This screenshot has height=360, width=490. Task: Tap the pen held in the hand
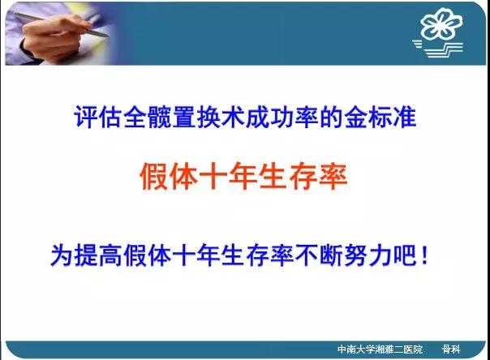point(62,25)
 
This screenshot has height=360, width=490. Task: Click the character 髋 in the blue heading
point(160,118)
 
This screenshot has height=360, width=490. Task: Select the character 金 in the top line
point(355,118)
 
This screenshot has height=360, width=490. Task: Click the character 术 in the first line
point(233,118)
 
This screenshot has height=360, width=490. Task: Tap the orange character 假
point(153,176)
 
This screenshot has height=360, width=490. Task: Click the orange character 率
point(333,176)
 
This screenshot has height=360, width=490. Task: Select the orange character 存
point(303,176)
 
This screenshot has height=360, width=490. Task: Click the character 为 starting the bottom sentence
point(62,255)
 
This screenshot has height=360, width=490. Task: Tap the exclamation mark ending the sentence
point(424,255)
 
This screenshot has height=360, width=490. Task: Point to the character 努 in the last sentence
point(356,255)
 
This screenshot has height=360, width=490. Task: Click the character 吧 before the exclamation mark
point(405,255)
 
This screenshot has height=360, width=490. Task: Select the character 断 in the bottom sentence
point(331,255)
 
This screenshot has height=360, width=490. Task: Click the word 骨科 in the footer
point(451,349)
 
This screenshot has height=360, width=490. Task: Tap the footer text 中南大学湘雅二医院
point(380,349)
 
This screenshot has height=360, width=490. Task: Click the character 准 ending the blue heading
point(405,118)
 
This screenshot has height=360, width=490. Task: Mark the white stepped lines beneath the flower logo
point(438,49)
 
